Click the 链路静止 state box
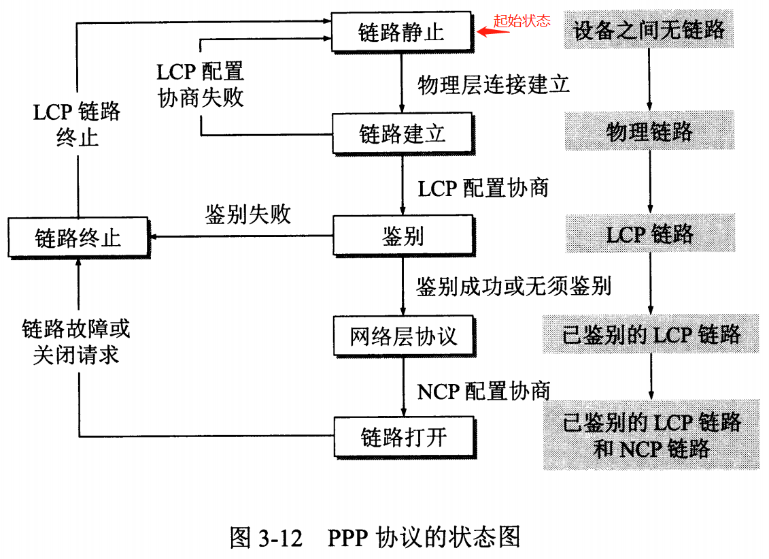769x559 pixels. pyautogui.click(x=401, y=31)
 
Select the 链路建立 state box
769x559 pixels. pyautogui.click(x=402, y=133)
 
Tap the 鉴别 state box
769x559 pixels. pyautogui.click(x=403, y=236)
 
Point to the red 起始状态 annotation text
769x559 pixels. pyautogui.click(x=522, y=20)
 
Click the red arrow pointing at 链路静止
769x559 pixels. pyautogui.click(x=486, y=31)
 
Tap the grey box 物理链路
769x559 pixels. pyautogui.click(x=649, y=131)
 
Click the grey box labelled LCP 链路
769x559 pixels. pyautogui.click(x=650, y=234)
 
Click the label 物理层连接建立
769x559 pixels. pyautogui.click(x=493, y=84)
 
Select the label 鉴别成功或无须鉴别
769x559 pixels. pyautogui.click(x=513, y=286)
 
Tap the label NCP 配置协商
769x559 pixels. pyautogui.click(x=483, y=391)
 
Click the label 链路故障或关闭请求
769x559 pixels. pyautogui.click(x=75, y=342)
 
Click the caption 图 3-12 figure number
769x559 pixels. pyautogui.click(x=266, y=537)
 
